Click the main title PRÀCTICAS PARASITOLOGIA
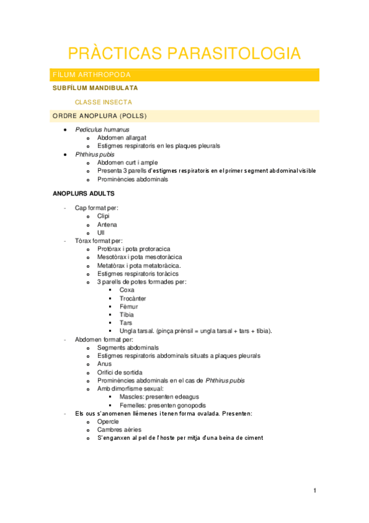click(x=184, y=53)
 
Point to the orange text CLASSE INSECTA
click(x=103, y=102)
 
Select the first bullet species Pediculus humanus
click(x=102, y=130)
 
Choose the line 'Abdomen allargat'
click(x=122, y=138)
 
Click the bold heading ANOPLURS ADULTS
click(x=83, y=194)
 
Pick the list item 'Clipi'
click(x=103, y=216)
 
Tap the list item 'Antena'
click(x=107, y=224)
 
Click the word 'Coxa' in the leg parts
click(x=127, y=290)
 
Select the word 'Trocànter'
click(x=133, y=298)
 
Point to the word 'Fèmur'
click(x=129, y=307)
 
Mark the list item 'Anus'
click(x=105, y=364)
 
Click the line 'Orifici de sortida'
click(x=120, y=373)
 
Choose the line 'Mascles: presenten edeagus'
click(x=159, y=397)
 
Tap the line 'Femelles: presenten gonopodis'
click(x=163, y=405)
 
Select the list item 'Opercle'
click(x=108, y=421)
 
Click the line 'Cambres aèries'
click(x=119, y=429)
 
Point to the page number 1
click(x=314, y=490)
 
